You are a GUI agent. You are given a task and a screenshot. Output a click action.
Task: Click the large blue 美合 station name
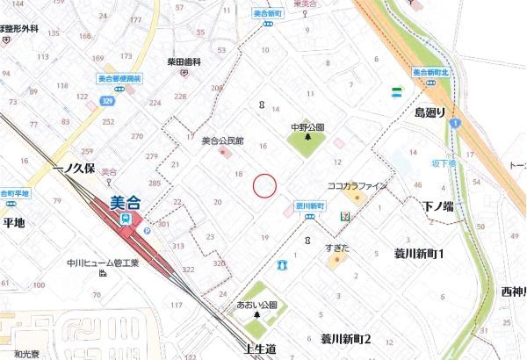(x=129, y=201)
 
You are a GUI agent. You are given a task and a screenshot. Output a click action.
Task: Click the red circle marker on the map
(x=264, y=185)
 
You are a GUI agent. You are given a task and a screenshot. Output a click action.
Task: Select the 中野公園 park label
(x=307, y=126)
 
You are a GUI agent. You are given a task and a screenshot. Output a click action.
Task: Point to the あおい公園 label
(x=257, y=305)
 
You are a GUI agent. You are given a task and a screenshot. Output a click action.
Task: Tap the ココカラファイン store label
(x=357, y=186)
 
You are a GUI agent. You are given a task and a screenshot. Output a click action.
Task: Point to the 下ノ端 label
(x=437, y=205)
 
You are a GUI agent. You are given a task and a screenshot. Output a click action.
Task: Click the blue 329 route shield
(x=106, y=102)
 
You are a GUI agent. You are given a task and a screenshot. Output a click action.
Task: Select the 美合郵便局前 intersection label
(x=119, y=79)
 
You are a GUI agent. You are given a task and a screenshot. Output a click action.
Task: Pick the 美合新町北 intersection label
(x=431, y=72)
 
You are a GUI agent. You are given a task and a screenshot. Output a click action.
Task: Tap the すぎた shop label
(x=337, y=248)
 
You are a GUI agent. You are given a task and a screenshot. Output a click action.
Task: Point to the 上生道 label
(x=260, y=349)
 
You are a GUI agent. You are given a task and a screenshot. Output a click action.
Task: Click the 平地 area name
(x=14, y=223)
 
